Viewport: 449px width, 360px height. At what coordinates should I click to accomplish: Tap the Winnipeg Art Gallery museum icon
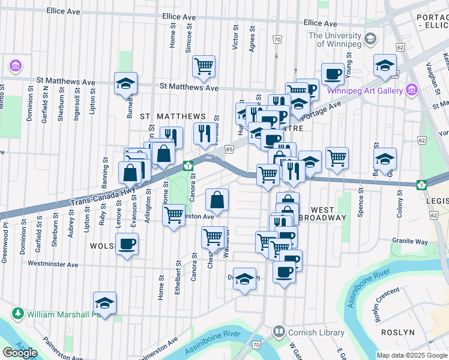tap(412, 91)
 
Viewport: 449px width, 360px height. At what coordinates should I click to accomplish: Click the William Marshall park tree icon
tap(18, 314)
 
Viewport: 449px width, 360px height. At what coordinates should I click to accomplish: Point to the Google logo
tap(20, 353)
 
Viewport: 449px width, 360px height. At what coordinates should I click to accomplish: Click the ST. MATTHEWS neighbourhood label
tap(173, 116)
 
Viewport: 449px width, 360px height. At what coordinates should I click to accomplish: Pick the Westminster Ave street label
tap(53, 264)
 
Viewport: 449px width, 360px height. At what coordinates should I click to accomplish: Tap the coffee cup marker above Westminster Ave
tap(127, 244)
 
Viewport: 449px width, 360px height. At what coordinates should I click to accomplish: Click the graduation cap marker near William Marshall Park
tap(105, 303)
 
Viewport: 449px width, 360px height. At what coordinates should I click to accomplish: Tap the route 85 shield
tap(229, 148)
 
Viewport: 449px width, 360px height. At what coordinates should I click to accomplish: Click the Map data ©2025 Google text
tap(412, 355)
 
